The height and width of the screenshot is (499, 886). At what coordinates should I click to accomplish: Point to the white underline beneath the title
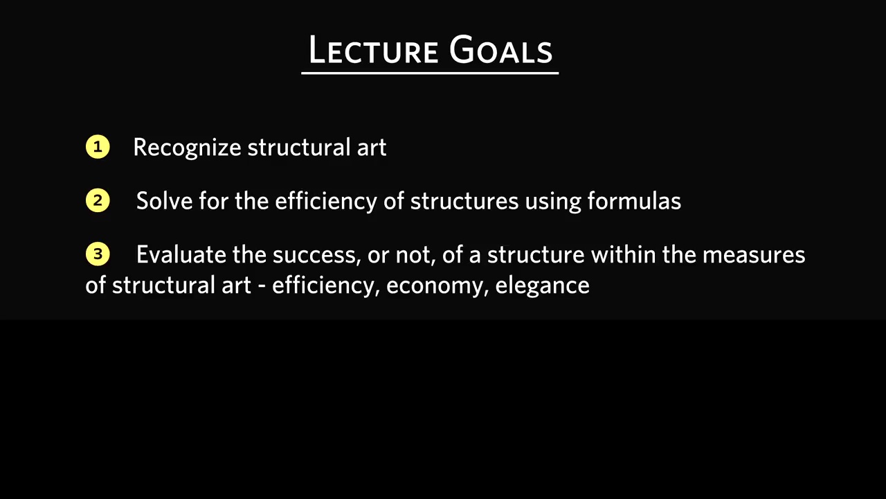click(x=430, y=73)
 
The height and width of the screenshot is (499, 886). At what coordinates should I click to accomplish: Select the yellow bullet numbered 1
click(x=98, y=147)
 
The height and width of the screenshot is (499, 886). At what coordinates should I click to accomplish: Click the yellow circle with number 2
click(x=98, y=200)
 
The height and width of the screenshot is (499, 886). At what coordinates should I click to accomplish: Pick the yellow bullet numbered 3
click(x=98, y=254)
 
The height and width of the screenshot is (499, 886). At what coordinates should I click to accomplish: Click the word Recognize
click(x=187, y=148)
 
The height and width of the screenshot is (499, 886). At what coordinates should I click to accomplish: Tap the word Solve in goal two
click(x=164, y=201)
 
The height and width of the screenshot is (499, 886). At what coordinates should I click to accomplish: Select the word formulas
click(x=634, y=200)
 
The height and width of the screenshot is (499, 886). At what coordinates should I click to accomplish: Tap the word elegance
click(x=542, y=286)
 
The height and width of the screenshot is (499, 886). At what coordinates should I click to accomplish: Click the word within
click(x=624, y=254)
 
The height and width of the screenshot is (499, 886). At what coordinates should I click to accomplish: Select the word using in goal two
click(x=553, y=202)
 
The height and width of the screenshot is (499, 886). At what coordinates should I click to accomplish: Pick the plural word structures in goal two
click(x=464, y=201)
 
